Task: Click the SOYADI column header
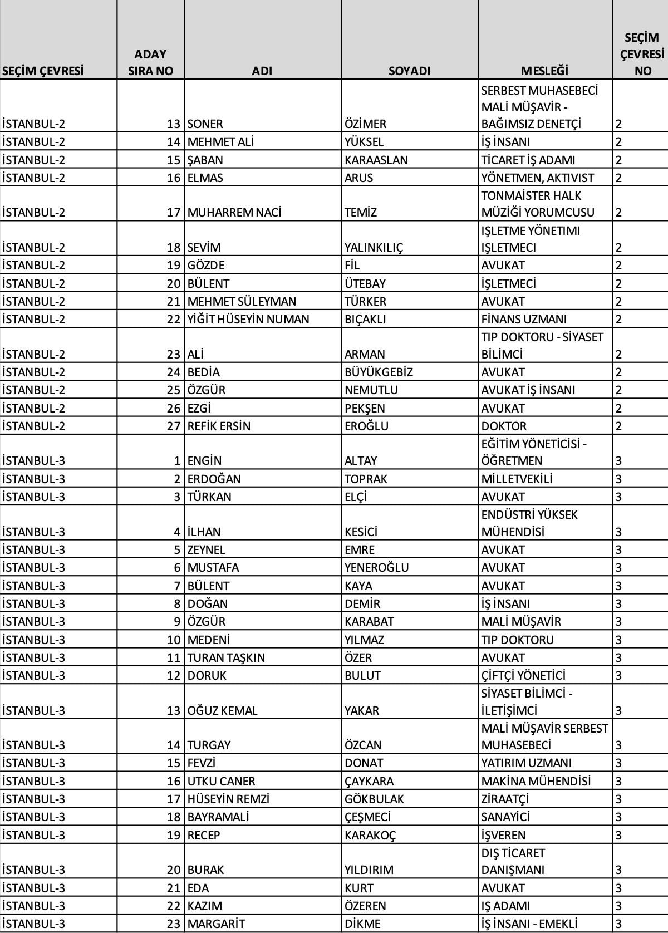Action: pyautogui.click(x=409, y=71)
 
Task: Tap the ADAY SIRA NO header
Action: pyautogui.click(x=150, y=62)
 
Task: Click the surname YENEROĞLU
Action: pyautogui.click(x=376, y=567)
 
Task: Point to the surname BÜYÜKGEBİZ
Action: pyautogui.click(x=379, y=372)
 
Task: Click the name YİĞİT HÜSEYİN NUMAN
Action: pyautogui.click(x=248, y=319)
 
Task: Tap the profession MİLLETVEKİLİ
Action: pyautogui.click(x=517, y=479)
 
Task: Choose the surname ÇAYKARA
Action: pyautogui.click(x=369, y=781)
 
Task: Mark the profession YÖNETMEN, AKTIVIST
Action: pyautogui.click(x=537, y=178)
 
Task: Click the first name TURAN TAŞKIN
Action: pyautogui.click(x=226, y=657)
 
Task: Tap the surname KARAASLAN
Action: pyautogui.click(x=376, y=160)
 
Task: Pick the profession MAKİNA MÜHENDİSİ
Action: pyautogui.click(x=536, y=781)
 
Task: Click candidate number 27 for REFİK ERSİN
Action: pyautogui.click(x=174, y=426)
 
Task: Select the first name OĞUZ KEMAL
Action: pyautogui.click(x=222, y=710)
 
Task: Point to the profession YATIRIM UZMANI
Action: pyautogui.click(x=526, y=763)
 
